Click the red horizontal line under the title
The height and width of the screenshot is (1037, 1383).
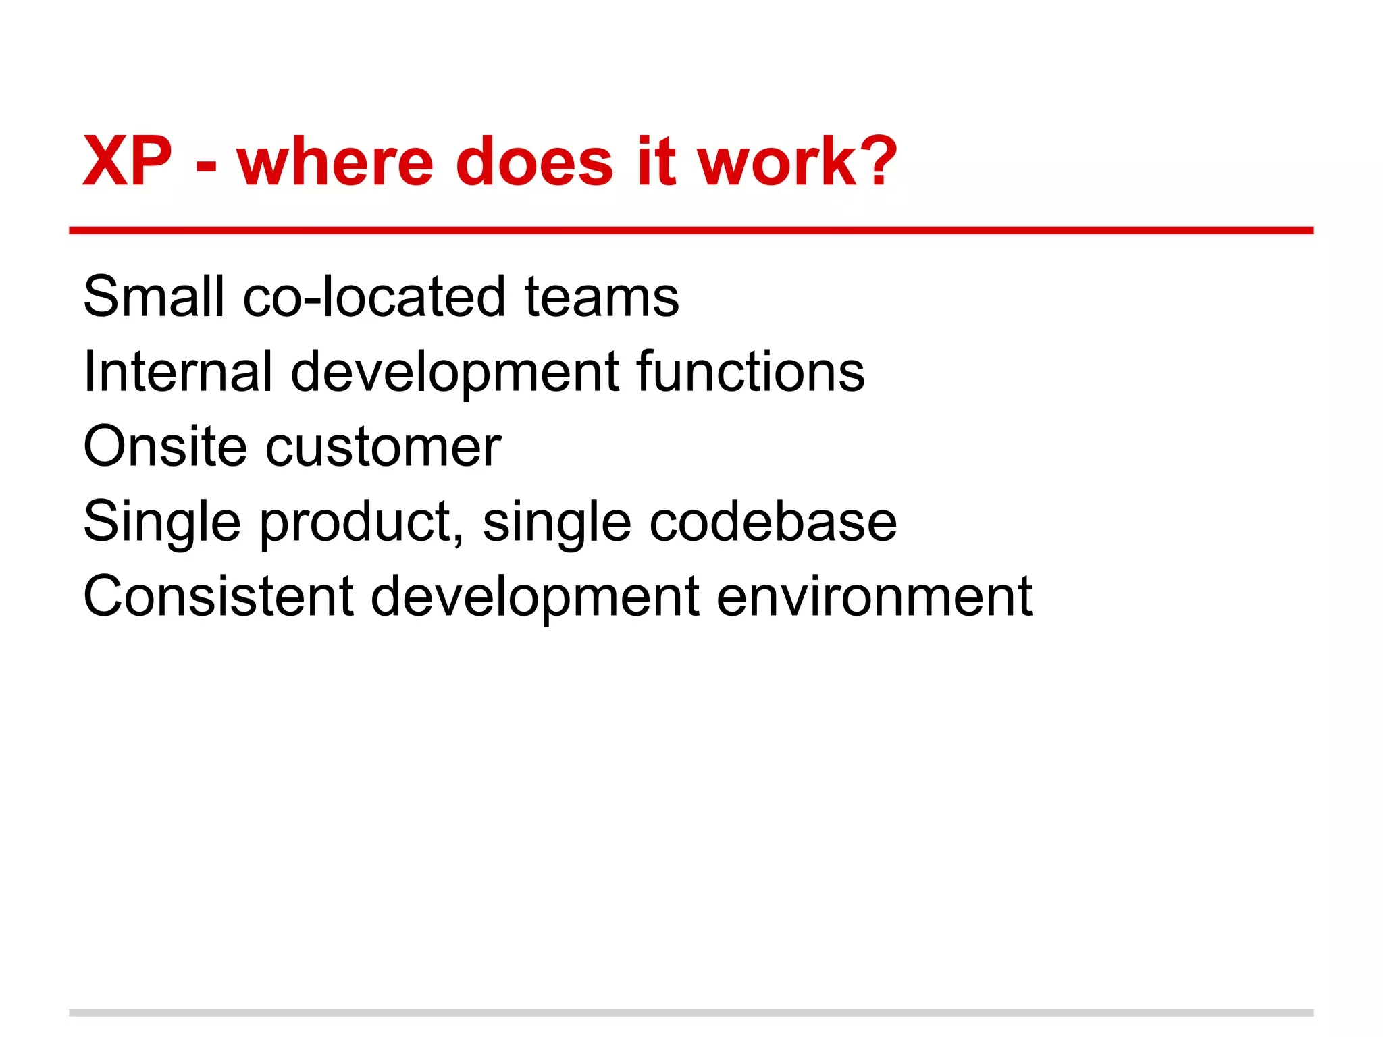pyautogui.click(x=691, y=230)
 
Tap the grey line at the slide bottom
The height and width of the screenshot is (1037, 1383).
pyautogui.click(x=691, y=1012)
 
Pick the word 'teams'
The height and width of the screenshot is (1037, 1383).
pyautogui.click(x=601, y=297)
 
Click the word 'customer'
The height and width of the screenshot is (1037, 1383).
pyautogui.click(x=383, y=448)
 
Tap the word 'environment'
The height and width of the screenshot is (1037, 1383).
pyautogui.click(x=874, y=597)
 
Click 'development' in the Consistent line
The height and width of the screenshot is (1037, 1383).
pyautogui.click(x=535, y=597)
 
